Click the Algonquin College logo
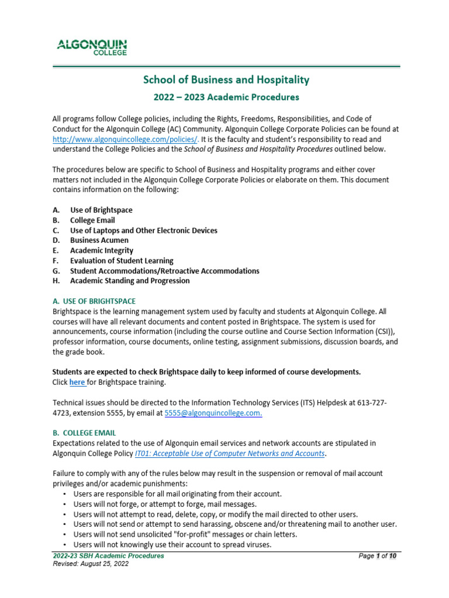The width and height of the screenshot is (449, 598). (91, 47)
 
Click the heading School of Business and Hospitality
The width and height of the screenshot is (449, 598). (226, 80)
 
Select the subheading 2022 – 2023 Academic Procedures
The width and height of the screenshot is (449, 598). (226, 97)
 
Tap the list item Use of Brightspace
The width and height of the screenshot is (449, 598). (101, 210)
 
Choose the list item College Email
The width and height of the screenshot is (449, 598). (92, 220)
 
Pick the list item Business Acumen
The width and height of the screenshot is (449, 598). (99, 240)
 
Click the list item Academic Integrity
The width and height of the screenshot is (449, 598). (102, 251)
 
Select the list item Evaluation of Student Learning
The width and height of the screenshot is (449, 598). (122, 260)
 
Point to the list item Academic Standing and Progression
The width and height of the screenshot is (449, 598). (130, 280)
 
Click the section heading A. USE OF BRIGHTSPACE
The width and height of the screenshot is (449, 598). (94, 301)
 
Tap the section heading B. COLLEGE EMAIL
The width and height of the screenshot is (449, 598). (84, 433)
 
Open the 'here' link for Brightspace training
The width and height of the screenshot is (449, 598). (77, 383)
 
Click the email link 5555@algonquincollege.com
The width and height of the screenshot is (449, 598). (213, 413)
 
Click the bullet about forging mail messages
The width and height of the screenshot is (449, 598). (157, 503)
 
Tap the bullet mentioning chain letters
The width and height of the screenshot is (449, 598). (185, 534)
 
